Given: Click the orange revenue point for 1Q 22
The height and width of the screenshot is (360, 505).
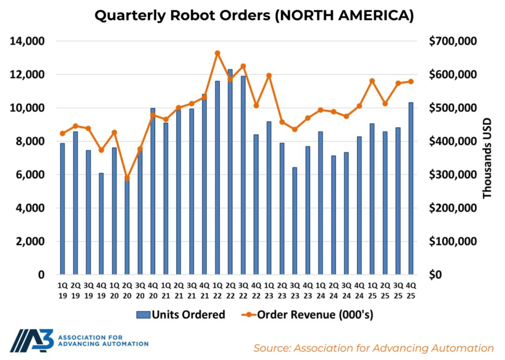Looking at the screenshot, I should tap(217, 53).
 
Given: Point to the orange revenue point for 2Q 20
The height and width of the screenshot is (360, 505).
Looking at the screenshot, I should tap(127, 178).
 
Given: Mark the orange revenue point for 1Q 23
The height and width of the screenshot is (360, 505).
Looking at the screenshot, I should tap(269, 75).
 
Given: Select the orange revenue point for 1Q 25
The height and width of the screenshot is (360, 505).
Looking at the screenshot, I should tap(372, 81).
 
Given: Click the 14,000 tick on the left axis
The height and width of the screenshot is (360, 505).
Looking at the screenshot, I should tap(27, 42).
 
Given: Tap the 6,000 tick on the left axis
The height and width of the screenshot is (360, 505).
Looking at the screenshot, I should tap(29, 175).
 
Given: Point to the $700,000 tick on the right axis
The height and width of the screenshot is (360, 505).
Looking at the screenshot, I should tap(452, 42).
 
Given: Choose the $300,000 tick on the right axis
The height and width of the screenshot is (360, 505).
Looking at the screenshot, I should tap(452, 175).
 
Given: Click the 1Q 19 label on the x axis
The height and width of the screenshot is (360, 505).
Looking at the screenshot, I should tap(62, 290).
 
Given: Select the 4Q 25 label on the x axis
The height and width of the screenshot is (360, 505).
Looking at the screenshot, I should tap(411, 290).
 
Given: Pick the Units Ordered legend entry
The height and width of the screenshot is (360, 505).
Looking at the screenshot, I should tap(181, 315).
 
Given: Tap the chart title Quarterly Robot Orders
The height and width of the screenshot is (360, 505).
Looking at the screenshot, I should tap(254, 16).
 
